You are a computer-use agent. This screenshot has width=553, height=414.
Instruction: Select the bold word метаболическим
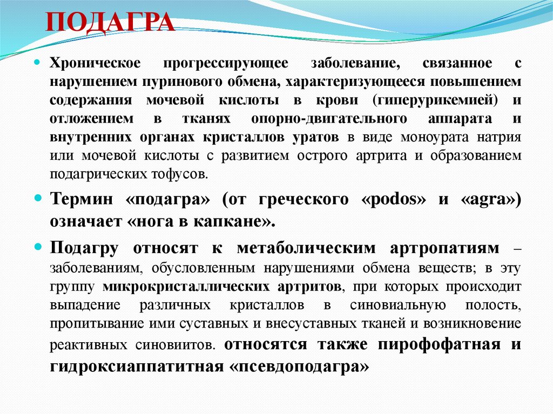(x=306, y=248)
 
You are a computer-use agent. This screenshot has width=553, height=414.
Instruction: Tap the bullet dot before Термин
(x=38, y=199)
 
